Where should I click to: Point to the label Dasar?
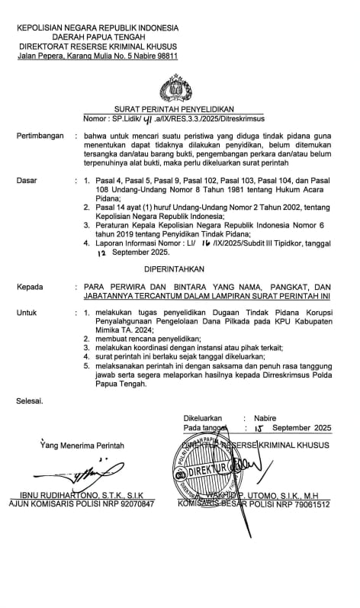28,180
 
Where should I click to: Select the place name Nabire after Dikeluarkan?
265,418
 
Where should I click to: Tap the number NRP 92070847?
126,505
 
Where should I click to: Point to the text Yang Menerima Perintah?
82,446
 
